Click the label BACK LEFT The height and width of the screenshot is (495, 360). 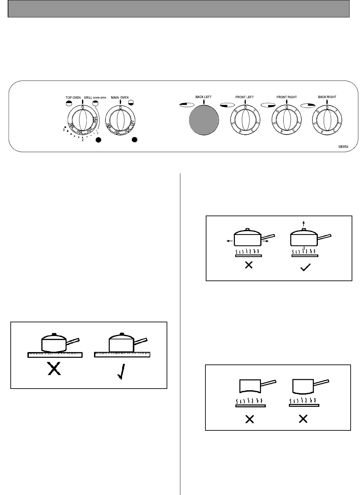point(203,97)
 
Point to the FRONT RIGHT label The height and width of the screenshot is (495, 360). point(287,97)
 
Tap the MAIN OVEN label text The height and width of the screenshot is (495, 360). point(119,98)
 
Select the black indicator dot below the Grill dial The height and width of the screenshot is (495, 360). point(98,140)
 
